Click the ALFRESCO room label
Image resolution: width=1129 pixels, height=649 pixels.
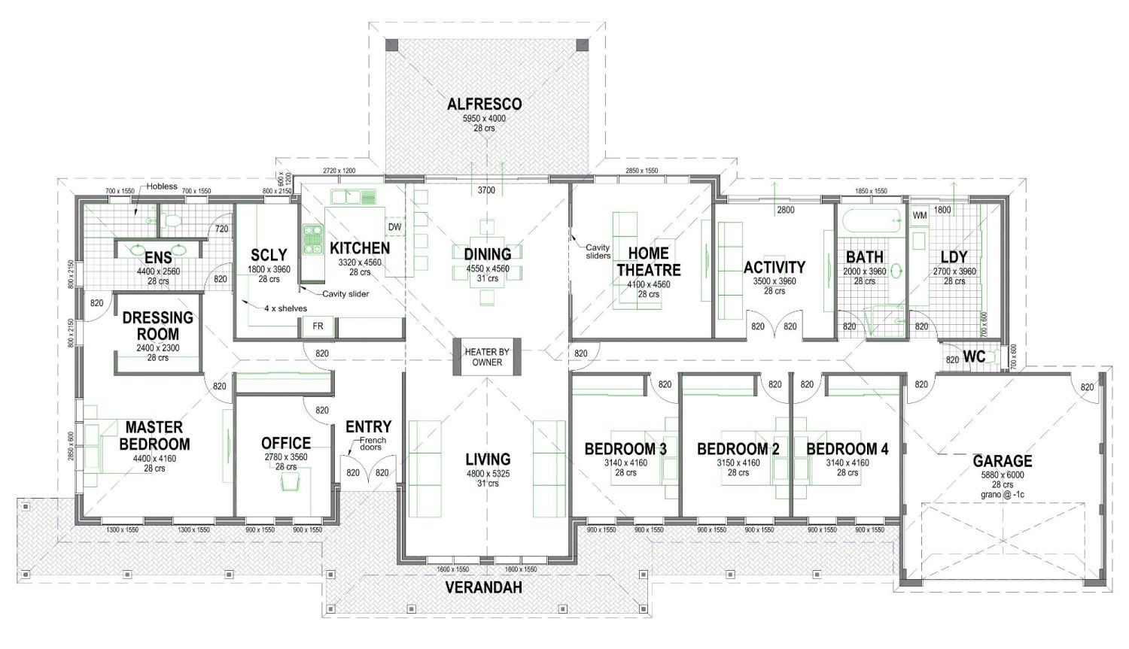click(x=484, y=104)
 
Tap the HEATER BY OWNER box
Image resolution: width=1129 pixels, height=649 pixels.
click(x=487, y=356)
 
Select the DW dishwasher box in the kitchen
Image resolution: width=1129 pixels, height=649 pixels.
click(x=394, y=227)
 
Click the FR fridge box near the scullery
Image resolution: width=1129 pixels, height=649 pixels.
click(x=318, y=326)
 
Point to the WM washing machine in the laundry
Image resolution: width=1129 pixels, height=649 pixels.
click(x=919, y=216)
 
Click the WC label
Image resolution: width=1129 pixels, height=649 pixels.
click(x=974, y=356)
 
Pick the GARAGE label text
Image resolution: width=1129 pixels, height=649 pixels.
click(x=1002, y=460)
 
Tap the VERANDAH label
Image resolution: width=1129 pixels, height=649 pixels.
click(x=483, y=587)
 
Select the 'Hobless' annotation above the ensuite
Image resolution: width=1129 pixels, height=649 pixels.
click(x=162, y=187)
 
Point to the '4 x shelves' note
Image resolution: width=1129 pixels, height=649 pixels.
click(x=285, y=308)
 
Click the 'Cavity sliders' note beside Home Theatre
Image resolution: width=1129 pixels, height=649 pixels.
click(x=598, y=251)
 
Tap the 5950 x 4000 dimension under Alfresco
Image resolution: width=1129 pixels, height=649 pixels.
click(x=484, y=118)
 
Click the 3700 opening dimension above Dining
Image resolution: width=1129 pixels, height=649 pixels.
click(x=486, y=190)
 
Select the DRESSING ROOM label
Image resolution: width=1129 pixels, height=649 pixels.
click(x=157, y=326)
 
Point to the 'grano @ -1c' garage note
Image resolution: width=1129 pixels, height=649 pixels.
click(x=1002, y=495)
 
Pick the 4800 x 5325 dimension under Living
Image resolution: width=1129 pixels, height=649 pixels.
click(x=487, y=474)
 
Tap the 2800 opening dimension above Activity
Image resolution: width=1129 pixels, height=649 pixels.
click(x=785, y=210)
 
